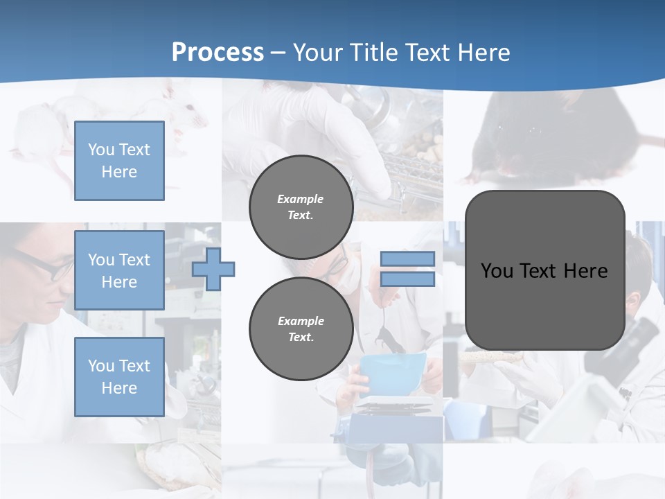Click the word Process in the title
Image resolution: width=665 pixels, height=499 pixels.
point(218,53)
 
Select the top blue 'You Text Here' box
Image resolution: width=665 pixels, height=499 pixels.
point(119,161)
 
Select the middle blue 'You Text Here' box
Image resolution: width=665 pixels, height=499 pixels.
point(119,270)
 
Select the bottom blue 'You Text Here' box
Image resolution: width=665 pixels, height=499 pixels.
point(119,376)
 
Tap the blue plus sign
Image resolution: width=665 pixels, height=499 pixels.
point(213,269)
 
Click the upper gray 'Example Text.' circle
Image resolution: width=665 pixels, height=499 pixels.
point(301,207)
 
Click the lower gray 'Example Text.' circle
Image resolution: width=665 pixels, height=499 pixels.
point(301,329)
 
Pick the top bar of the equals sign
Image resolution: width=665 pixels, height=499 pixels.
point(407,259)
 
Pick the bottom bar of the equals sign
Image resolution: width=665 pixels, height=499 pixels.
point(407,279)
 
